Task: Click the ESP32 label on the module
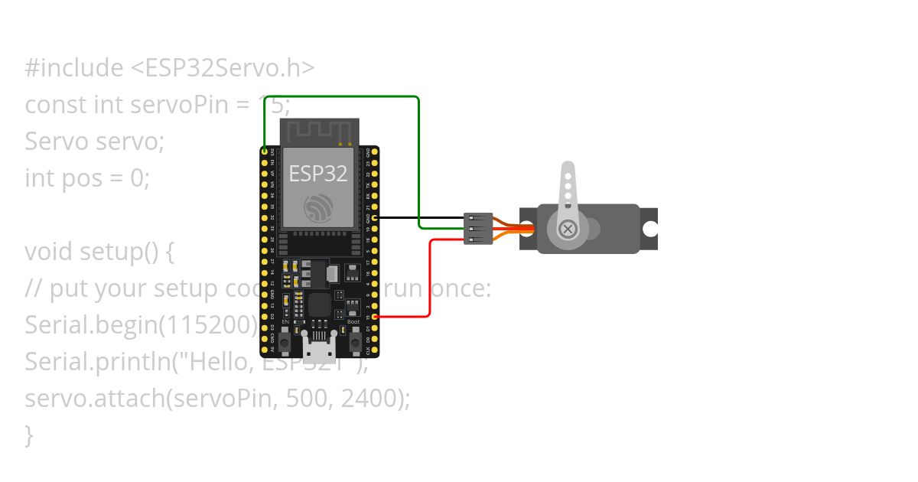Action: [x=318, y=174]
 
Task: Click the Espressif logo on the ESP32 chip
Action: [x=318, y=208]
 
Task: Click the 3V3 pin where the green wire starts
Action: [x=265, y=152]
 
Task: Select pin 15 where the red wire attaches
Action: [x=375, y=316]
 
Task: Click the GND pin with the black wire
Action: [x=375, y=217]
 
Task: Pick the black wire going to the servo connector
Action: [x=421, y=217]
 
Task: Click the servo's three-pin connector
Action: [x=478, y=229]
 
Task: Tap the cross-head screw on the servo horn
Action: [x=568, y=229]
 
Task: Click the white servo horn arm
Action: [x=568, y=187]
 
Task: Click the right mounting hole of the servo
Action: [x=649, y=229]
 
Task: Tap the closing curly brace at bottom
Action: [x=29, y=435]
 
